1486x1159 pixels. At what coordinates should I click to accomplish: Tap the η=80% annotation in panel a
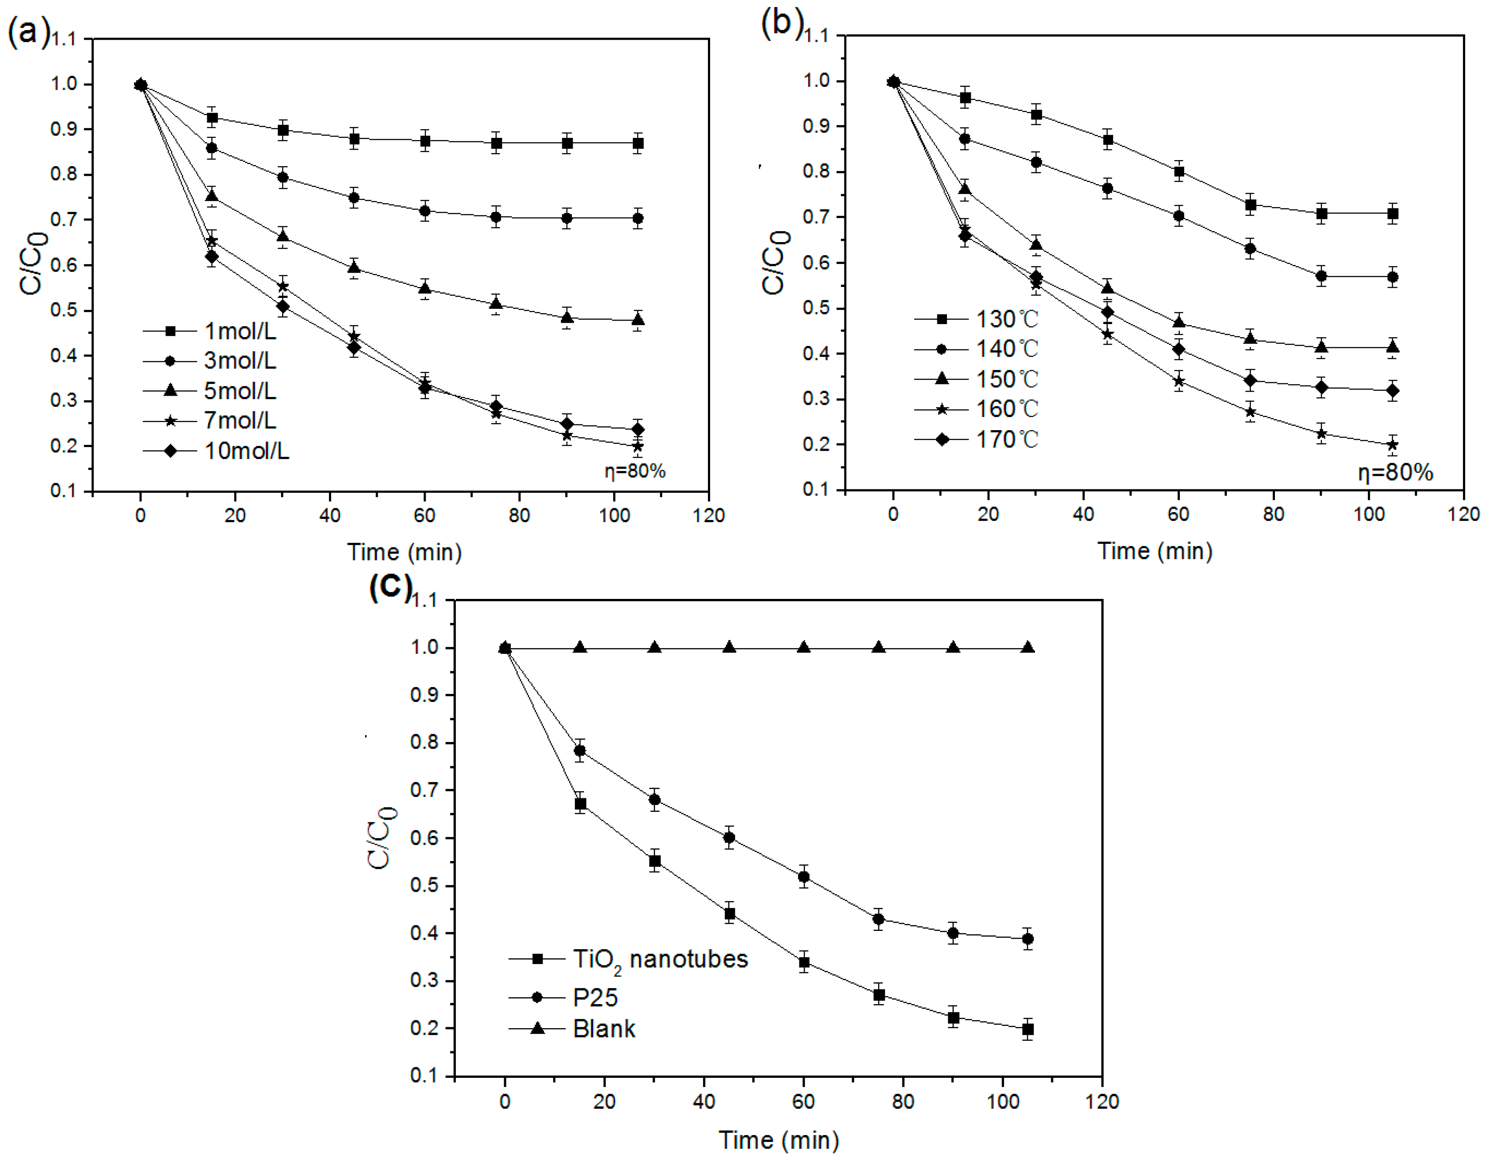[634, 471]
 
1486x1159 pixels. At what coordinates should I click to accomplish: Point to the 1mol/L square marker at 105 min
[638, 144]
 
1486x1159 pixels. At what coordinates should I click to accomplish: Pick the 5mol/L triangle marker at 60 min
[424, 289]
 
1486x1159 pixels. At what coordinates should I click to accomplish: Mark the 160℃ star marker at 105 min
[1392, 445]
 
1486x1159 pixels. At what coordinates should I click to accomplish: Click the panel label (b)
[782, 24]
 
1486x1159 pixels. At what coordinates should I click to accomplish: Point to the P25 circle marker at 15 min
[580, 751]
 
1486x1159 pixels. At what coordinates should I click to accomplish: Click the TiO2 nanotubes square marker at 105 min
[1028, 1029]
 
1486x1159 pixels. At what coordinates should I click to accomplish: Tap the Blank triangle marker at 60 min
[803, 647]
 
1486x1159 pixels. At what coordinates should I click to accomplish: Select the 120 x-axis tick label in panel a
[708, 515]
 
